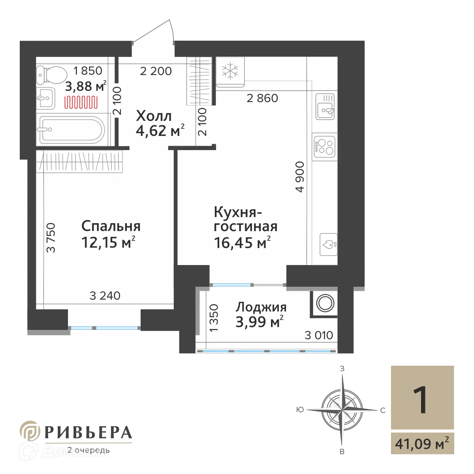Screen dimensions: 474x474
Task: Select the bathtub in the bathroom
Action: coord(71,130)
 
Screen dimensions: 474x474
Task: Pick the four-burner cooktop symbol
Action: coord(325,145)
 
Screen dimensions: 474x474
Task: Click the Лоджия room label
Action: coord(261,307)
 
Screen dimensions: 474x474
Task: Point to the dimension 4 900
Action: coord(300,177)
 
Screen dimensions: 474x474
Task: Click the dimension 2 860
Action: coord(262,98)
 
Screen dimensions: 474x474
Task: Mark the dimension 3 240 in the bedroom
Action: coord(105,295)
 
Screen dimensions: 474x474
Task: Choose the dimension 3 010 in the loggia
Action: coord(319,336)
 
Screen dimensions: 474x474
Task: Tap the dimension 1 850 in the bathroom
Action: coord(88,71)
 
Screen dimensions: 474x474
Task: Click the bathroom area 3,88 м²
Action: coord(87,86)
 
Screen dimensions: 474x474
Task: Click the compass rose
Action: coord(340,406)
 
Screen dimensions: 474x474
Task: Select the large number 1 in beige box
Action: coord(421,400)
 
